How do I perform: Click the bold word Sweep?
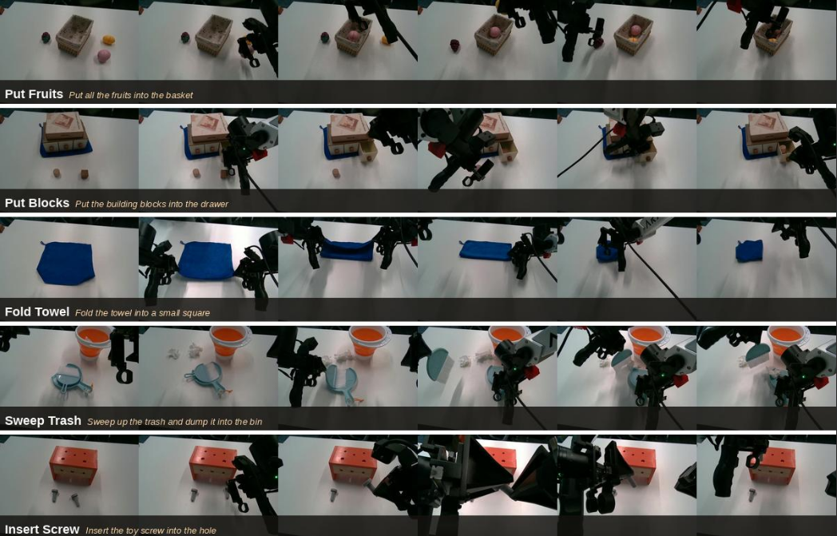pyautogui.click(x=22, y=421)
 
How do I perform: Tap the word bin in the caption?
pyautogui.click(x=255, y=422)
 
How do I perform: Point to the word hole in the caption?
pyautogui.click(x=207, y=530)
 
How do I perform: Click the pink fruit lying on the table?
pyautogui.click(x=104, y=56)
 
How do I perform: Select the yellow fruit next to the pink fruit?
pyautogui.click(x=109, y=40)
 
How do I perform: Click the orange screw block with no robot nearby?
pyautogui.click(x=74, y=464)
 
